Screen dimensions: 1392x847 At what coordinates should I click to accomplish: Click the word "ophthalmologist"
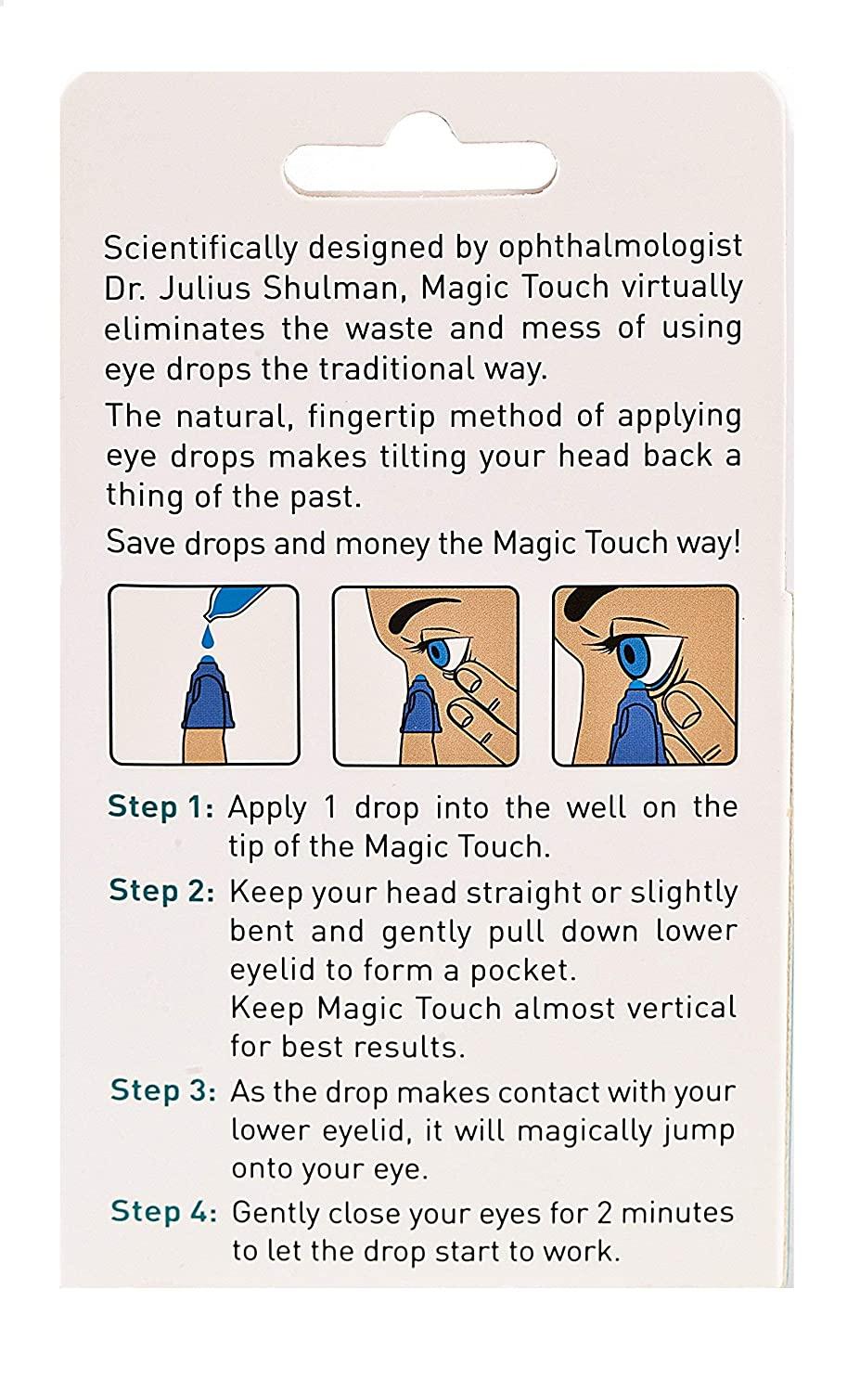(x=621, y=247)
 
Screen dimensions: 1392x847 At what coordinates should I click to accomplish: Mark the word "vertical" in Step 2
(x=676, y=1009)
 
